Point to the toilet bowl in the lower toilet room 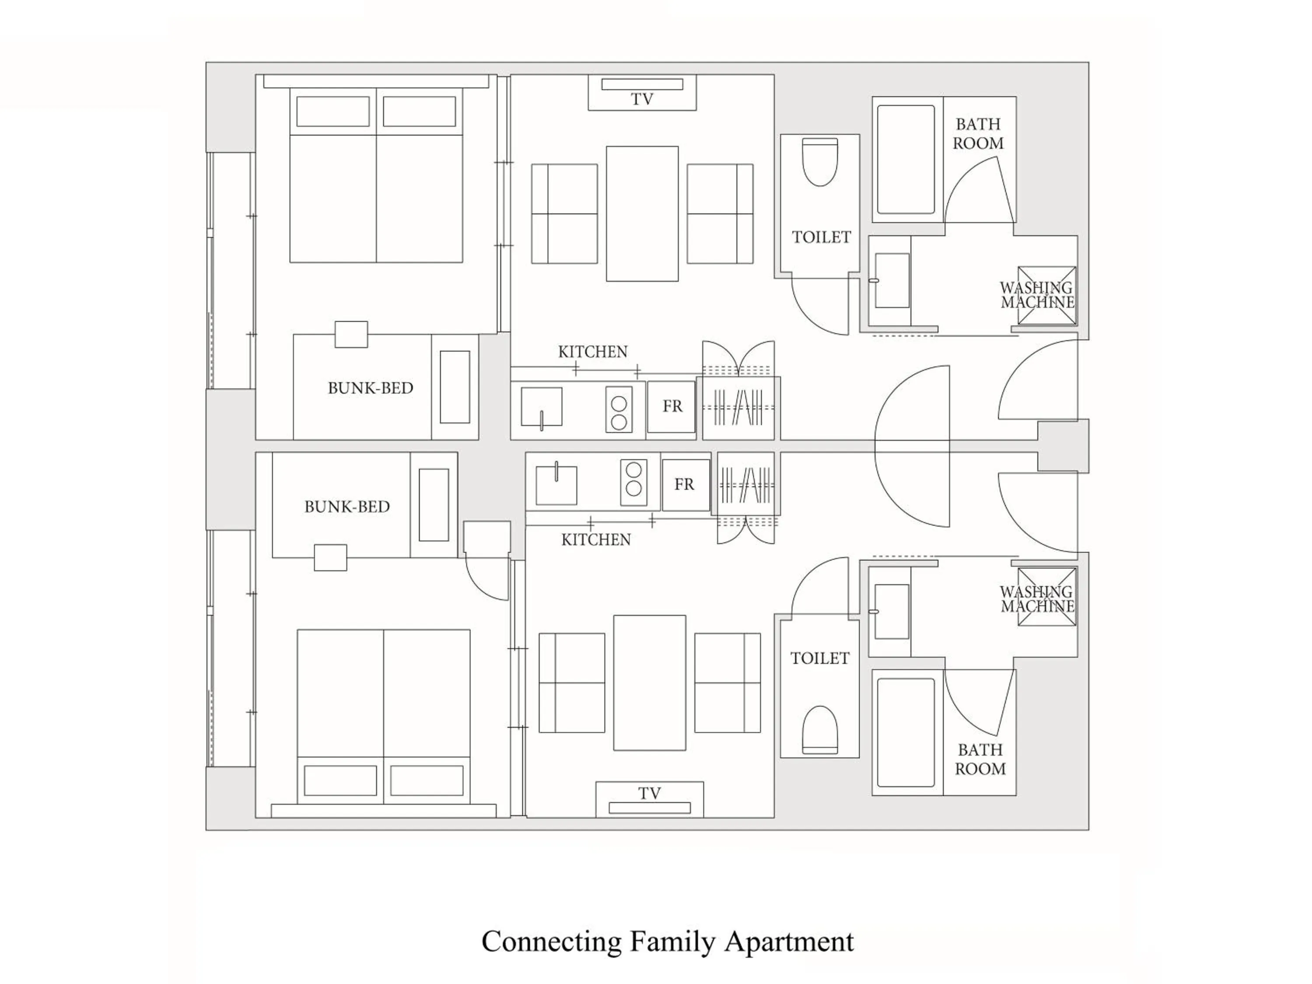point(820,730)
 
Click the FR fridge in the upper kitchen point(671,407)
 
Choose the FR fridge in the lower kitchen point(685,485)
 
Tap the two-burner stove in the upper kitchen point(619,409)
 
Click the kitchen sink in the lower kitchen point(556,485)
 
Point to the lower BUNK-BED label point(347,507)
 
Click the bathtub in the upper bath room point(906,160)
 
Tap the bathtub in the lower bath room point(906,733)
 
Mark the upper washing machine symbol point(1047,295)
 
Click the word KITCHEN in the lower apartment point(596,540)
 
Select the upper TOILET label point(821,237)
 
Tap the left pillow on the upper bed point(333,112)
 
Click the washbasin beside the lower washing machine point(891,611)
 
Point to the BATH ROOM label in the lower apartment point(980,759)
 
